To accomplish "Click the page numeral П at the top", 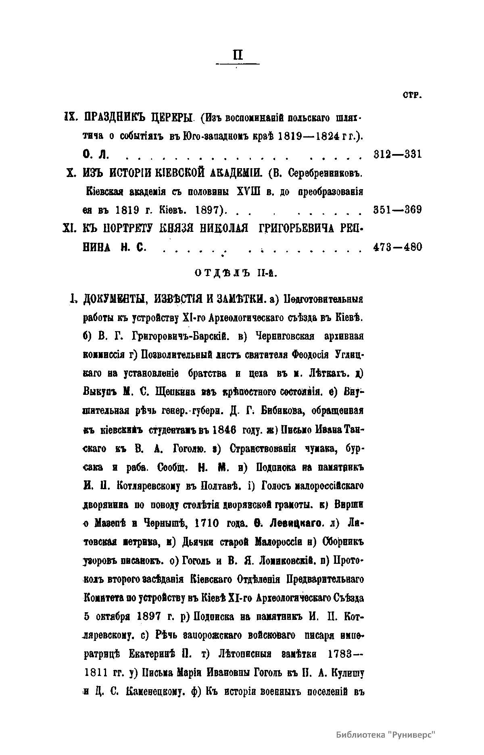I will (238, 54).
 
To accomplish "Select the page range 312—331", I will (398, 154).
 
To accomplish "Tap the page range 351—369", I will (398, 210).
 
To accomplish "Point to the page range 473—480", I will (398, 246).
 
